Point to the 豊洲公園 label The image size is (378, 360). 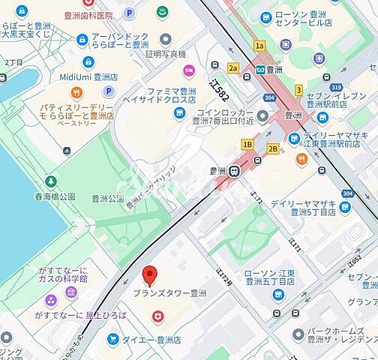click(x=107, y=199)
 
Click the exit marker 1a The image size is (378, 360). click(x=259, y=46)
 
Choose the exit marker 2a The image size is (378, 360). click(x=233, y=68)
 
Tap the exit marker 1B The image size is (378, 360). click(x=247, y=144)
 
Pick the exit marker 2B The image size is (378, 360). click(x=273, y=148)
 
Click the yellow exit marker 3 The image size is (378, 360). click(x=298, y=90)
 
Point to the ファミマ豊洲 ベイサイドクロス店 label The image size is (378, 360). click(x=159, y=96)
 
